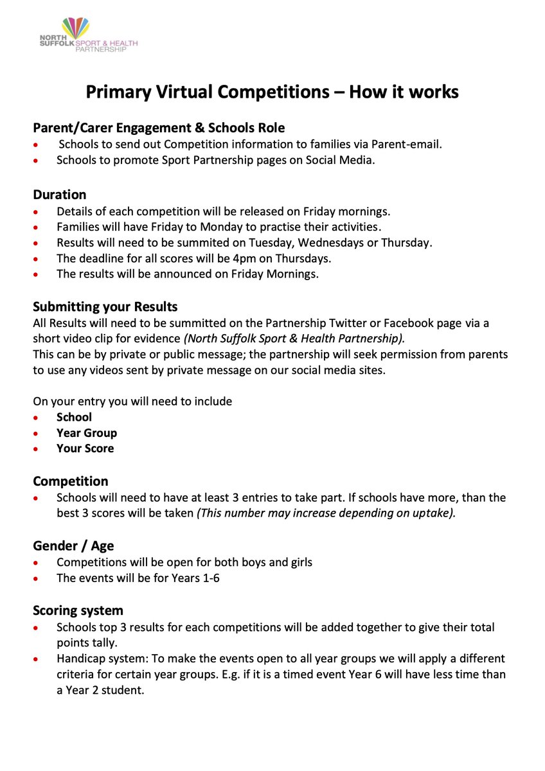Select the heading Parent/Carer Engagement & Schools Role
coord(159,128)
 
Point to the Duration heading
coord(59,194)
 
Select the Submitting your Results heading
coord(105,306)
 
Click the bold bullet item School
coord(74,417)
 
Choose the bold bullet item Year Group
coord(87,433)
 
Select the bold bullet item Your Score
coord(85,448)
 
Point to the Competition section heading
coord(71,481)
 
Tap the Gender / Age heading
coord(73,546)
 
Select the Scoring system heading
coord(78,610)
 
